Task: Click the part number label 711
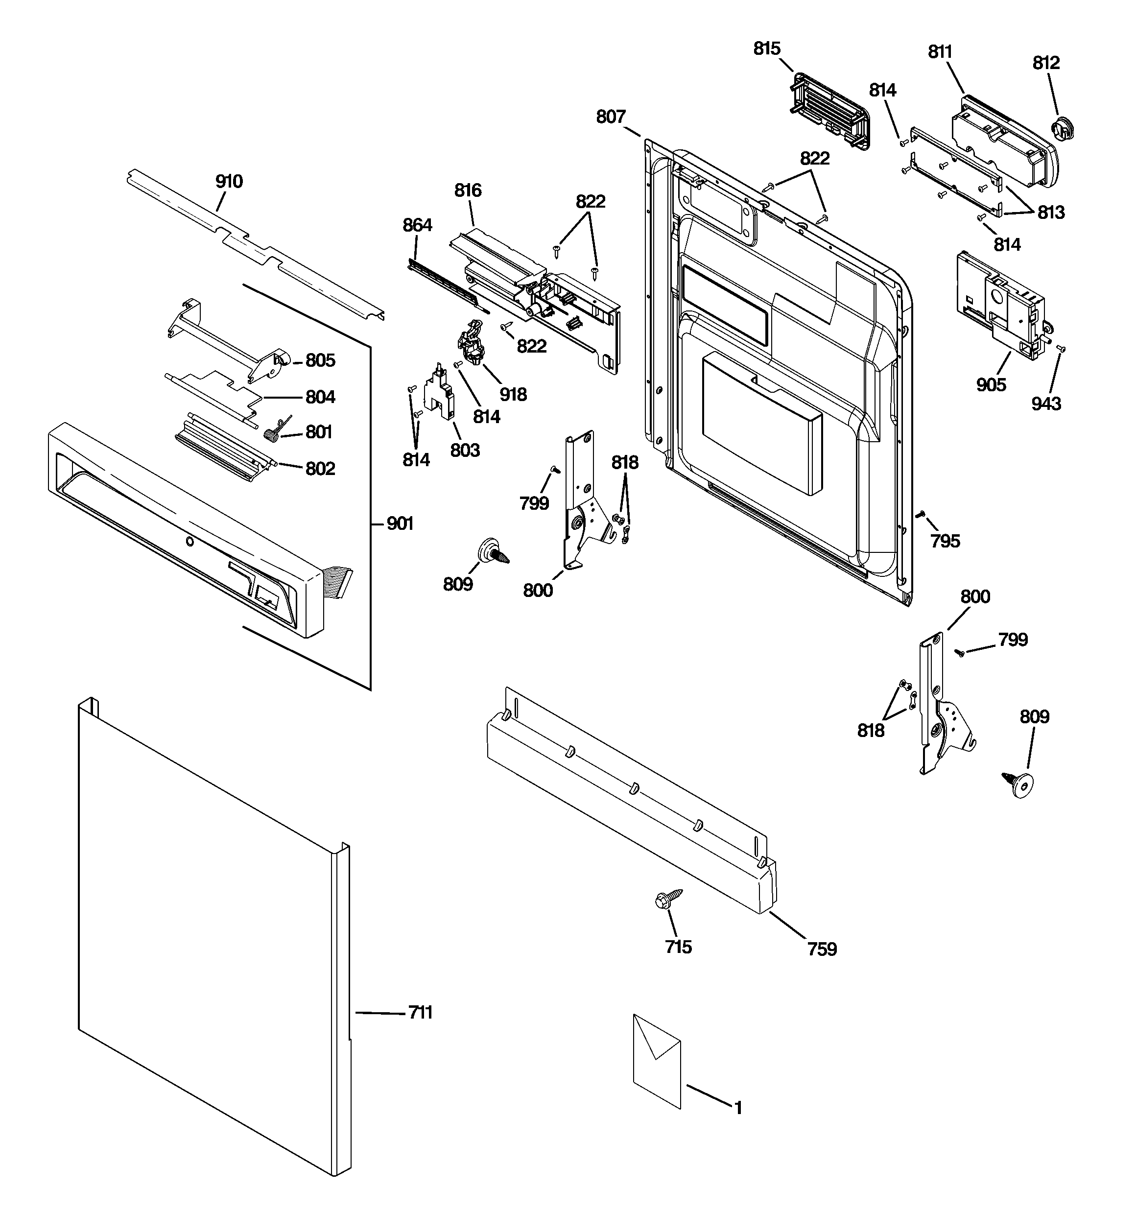click(x=420, y=1013)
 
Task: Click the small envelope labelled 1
click(x=657, y=1061)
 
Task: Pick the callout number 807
click(x=611, y=117)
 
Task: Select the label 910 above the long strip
click(x=229, y=181)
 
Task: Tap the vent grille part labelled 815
click(x=830, y=111)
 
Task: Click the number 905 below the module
click(x=991, y=385)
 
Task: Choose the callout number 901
click(x=400, y=523)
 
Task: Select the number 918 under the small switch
click(x=513, y=394)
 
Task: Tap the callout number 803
click(x=465, y=450)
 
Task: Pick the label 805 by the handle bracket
click(x=320, y=360)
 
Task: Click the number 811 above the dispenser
click(x=940, y=52)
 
